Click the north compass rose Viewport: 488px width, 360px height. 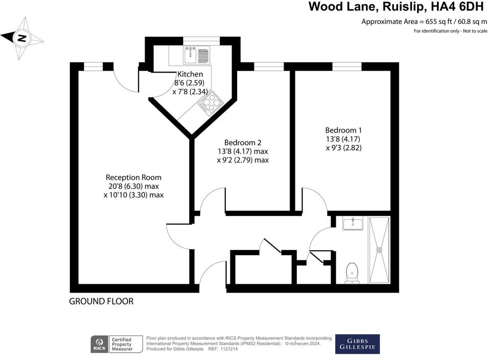(x=22, y=37)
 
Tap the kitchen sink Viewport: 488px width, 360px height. (x=197, y=54)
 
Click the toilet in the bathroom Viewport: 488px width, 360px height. (x=352, y=273)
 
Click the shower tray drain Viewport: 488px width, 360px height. (x=379, y=250)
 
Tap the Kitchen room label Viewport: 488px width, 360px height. (x=190, y=74)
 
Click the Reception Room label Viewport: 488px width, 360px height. (x=133, y=177)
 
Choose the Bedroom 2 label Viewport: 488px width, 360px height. (x=243, y=142)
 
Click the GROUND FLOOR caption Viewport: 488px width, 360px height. (x=101, y=302)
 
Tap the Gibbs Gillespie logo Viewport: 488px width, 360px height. (x=357, y=344)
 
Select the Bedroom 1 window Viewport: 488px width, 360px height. (x=347, y=66)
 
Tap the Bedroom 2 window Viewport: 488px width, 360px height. (x=269, y=66)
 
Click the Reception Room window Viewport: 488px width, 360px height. (x=92, y=66)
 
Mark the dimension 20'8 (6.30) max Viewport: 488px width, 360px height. (x=133, y=186)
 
